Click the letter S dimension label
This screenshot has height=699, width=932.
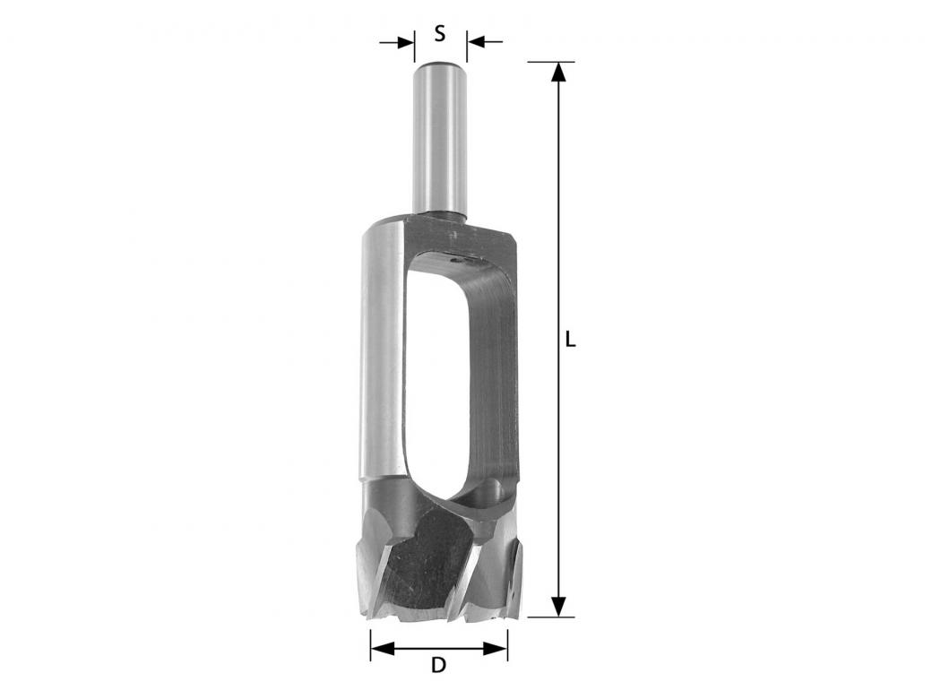[440, 34]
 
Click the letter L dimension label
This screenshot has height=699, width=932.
[570, 340]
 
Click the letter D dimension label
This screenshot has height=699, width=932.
[438, 665]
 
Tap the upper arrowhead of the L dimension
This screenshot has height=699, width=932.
[557, 73]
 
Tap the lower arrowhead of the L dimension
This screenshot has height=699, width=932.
[557, 607]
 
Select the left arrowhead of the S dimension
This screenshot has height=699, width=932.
[405, 42]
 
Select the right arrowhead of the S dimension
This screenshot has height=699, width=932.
[477, 42]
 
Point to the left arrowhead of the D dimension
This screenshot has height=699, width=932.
[382, 648]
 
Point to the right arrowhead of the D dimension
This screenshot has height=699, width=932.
[496, 648]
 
